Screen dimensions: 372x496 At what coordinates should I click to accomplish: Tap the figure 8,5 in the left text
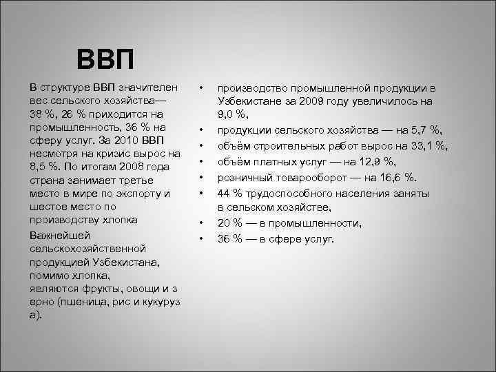tap(39, 167)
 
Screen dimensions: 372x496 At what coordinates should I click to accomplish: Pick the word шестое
tap(46, 207)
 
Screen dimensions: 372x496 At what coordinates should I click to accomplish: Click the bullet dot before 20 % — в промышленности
tap(200, 224)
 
